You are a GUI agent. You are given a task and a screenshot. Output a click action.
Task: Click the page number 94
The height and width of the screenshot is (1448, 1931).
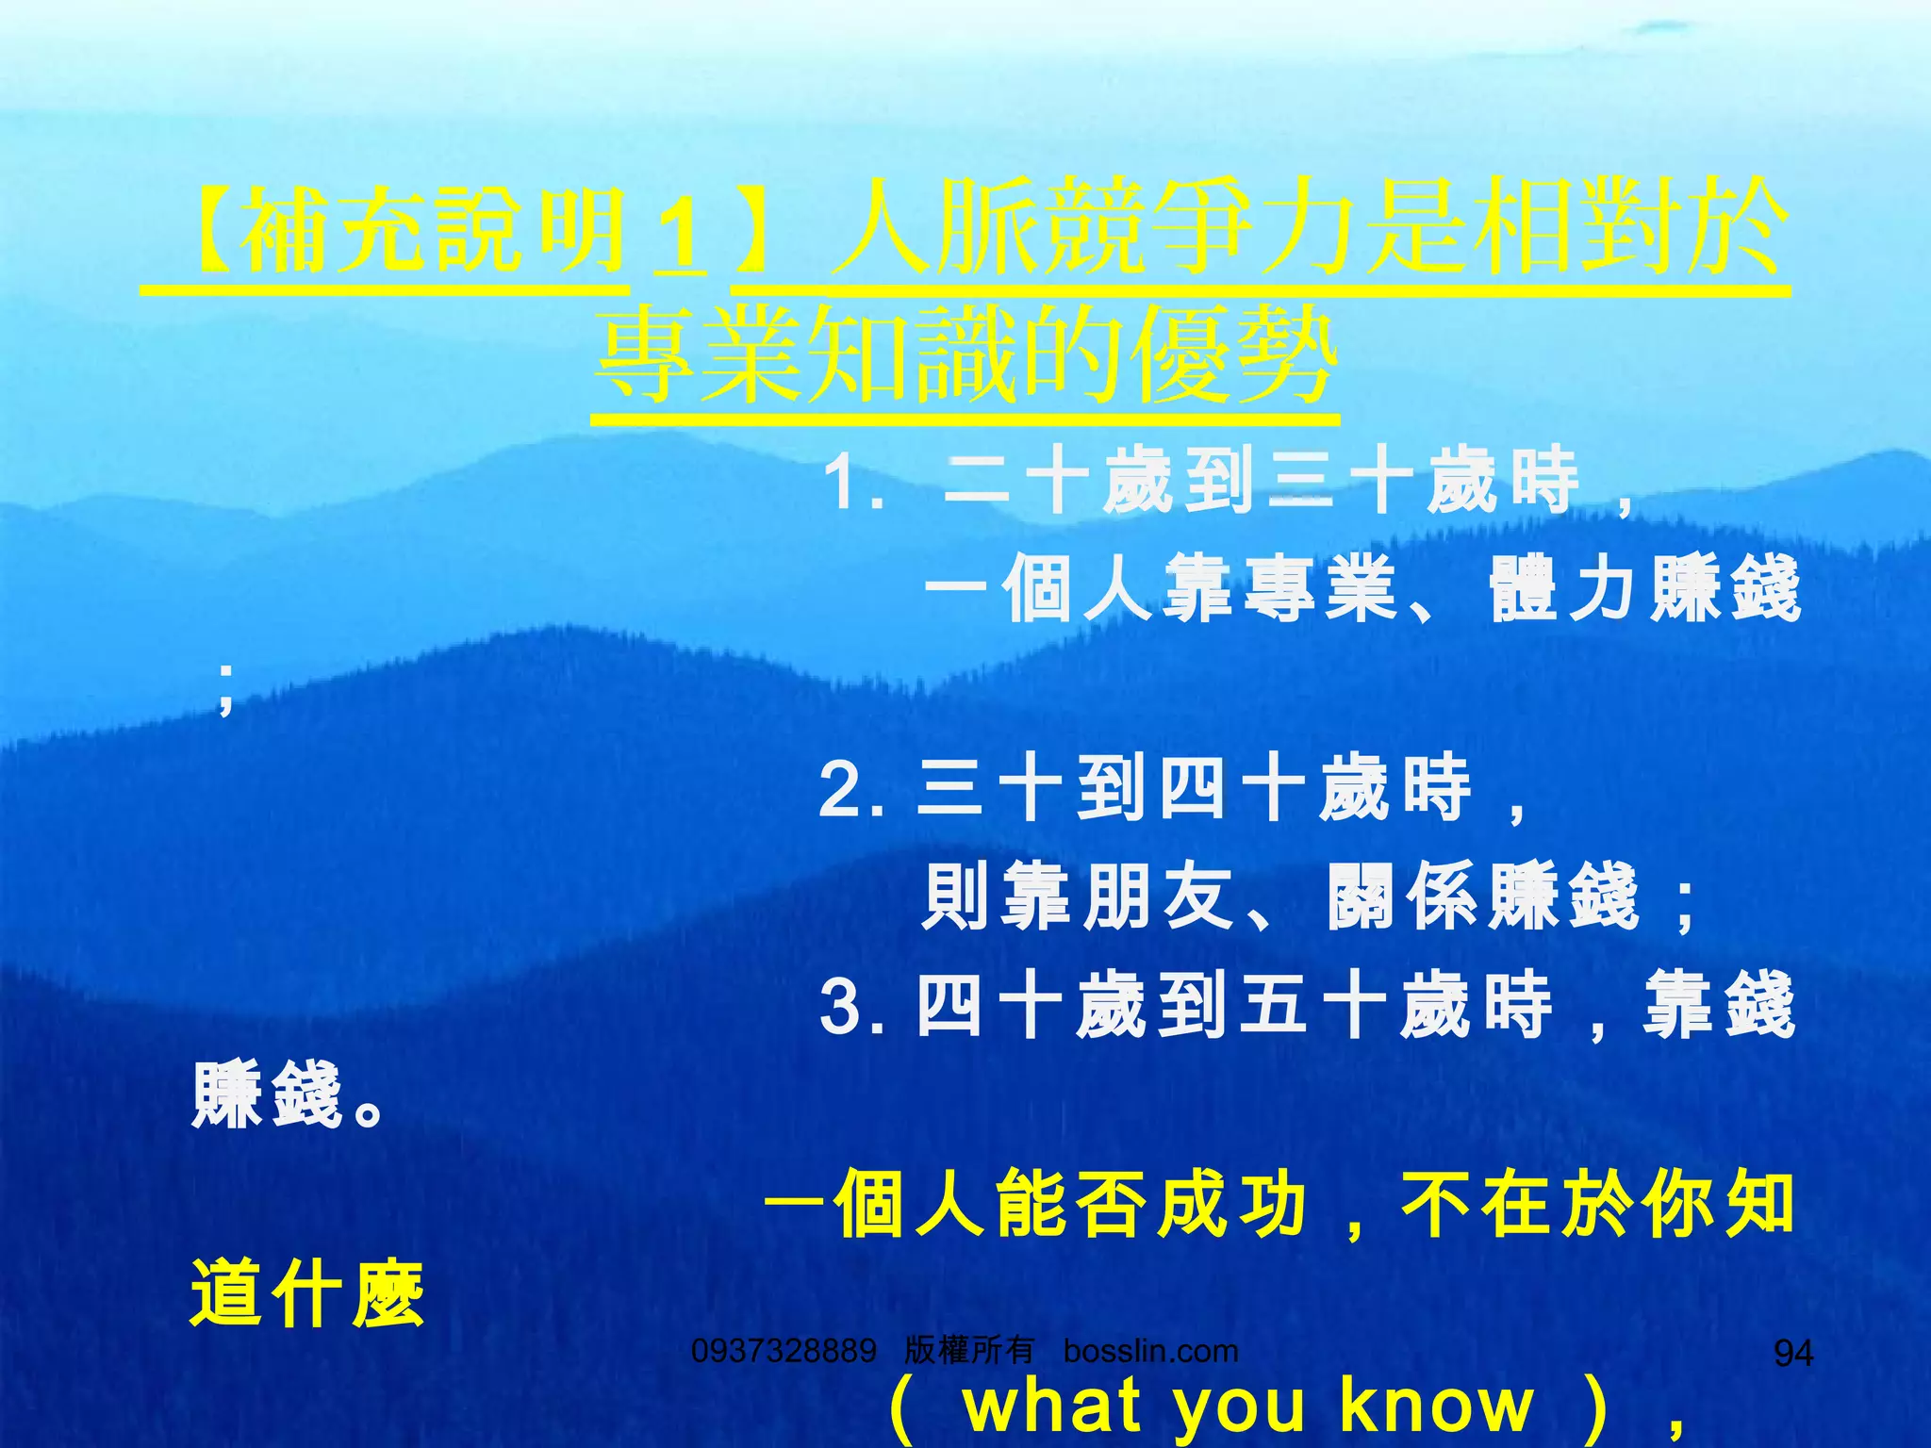pos(1792,1354)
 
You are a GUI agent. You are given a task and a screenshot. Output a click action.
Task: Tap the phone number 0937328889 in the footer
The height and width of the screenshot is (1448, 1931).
pos(784,1351)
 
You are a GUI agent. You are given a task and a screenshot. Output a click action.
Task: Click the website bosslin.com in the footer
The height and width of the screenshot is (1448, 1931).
pos(1150,1351)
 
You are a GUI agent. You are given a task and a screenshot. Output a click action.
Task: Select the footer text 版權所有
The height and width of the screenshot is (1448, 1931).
pos(968,1351)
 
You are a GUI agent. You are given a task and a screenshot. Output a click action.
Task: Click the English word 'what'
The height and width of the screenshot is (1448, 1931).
pos(1052,1406)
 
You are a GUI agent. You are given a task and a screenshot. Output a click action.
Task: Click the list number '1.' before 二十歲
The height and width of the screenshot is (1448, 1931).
pos(852,483)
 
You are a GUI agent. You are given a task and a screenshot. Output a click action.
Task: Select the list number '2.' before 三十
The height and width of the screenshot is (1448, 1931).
pos(852,790)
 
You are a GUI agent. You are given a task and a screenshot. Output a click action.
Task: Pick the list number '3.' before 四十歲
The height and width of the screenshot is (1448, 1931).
pos(852,1007)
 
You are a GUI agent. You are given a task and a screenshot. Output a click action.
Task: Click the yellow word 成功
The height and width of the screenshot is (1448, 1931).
pos(1232,1204)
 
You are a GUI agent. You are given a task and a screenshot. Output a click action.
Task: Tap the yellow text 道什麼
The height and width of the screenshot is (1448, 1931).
pos(307,1294)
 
